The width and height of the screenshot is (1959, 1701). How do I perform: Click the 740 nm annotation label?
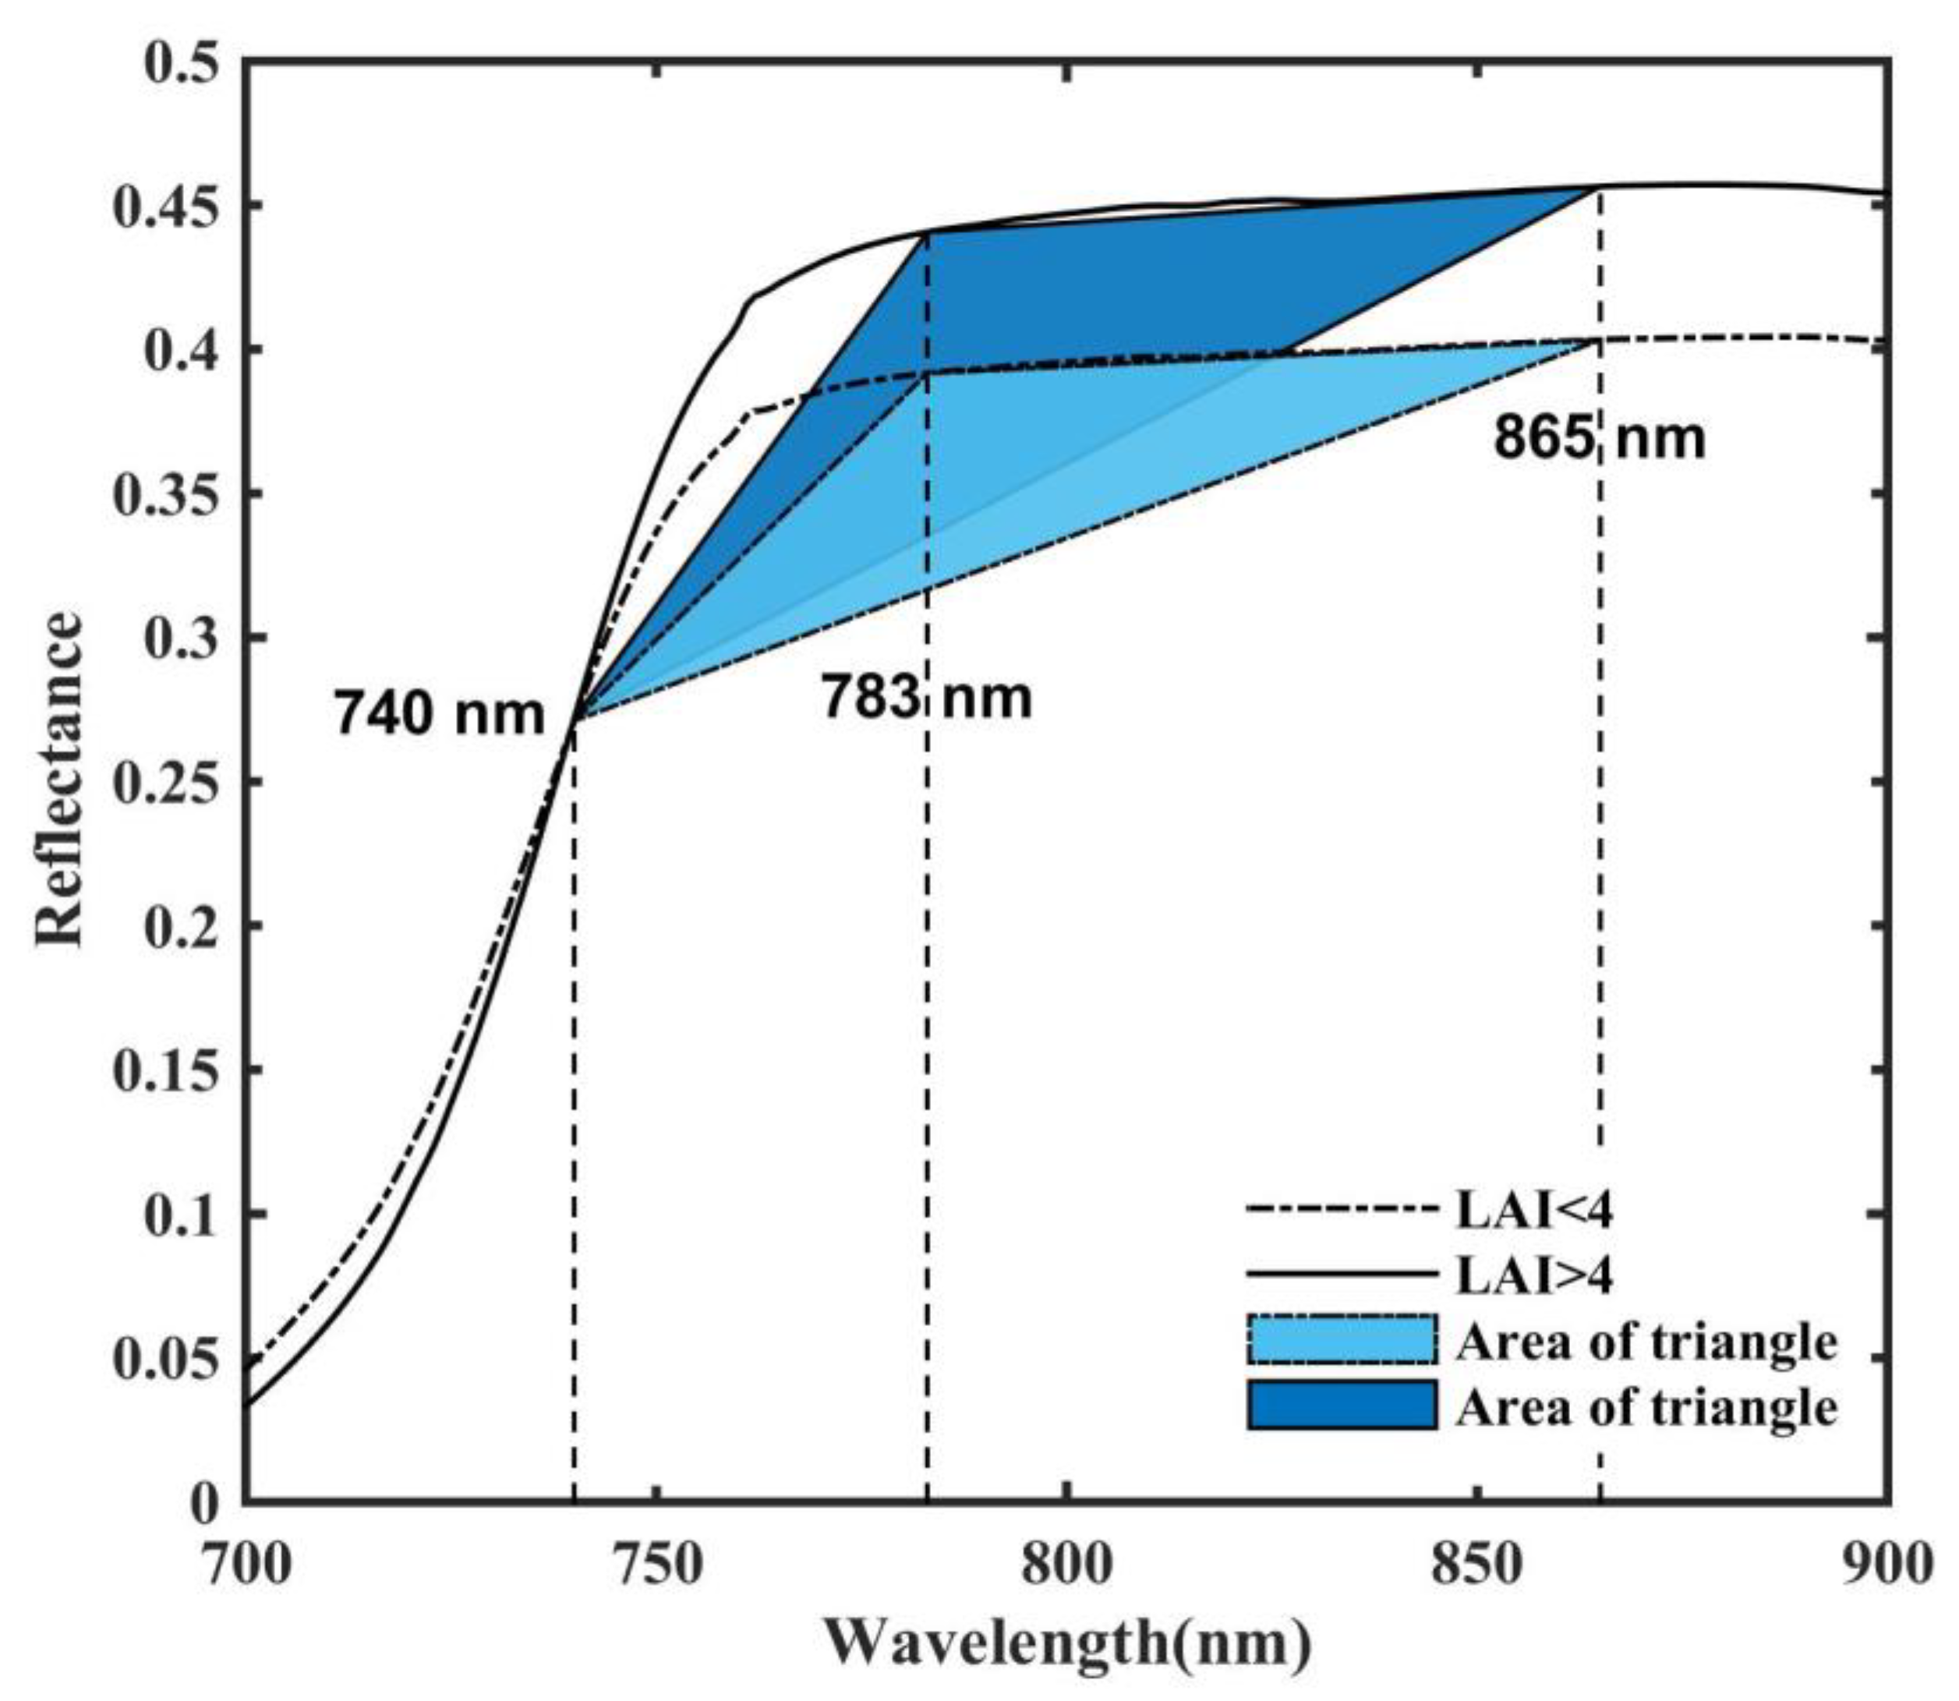(x=439, y=714)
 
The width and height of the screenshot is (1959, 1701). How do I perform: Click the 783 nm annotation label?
(x=925, y=698)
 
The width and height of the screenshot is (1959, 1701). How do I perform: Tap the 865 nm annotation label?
(x=1600, y=439)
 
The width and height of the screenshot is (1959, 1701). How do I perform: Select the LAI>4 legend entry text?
(x=1534, y=1275)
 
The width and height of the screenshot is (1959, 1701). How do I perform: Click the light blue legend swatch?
(x=1341, y=1340)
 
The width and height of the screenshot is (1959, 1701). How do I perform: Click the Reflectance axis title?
(x=58, y=778)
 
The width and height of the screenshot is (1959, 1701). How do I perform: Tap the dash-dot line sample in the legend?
(x=1341, y=1210)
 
